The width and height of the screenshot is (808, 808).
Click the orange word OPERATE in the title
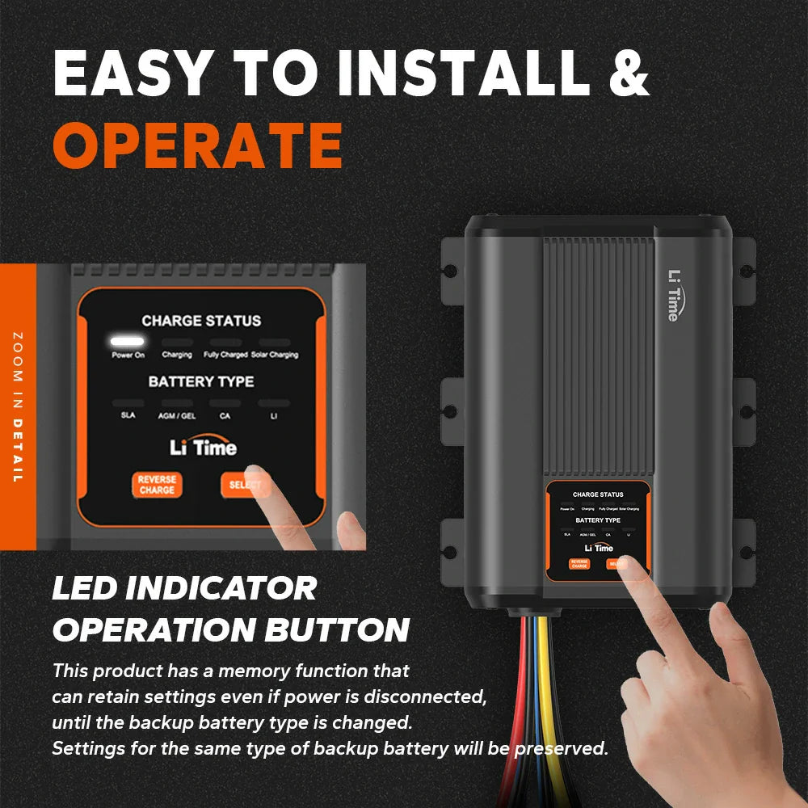pyautogui.click(x=198, y=145)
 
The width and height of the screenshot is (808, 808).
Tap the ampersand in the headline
pyautogui.click(x=625, y=74)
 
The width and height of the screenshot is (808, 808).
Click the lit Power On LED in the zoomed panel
pyautogui.click(x=128, y=342)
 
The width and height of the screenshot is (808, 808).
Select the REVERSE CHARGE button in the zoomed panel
pyautogui.click(x=157, y=485)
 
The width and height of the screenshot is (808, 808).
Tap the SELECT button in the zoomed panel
pyautogui.click(x=242, y=485)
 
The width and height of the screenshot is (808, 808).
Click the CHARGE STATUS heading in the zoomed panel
pyautogui.click(x=201, y=321)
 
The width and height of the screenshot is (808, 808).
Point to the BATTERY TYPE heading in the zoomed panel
pyautogui.click(x=201, y=381)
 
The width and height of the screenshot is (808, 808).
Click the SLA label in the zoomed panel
pyautogui.click(x=128, y=415)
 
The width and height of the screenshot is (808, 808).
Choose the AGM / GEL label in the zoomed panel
pyautogui.click(x=176, y=415)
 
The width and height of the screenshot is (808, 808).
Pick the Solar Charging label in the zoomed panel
pyautogui.click(x=273, y=355)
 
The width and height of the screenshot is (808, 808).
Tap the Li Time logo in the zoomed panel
pyautogui.click(x=203, y=447)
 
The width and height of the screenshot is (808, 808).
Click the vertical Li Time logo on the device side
pyautogui.click(x=672, y=295)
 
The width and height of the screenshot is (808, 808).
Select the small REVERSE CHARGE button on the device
pyautogui.click(x=579, y=564)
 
